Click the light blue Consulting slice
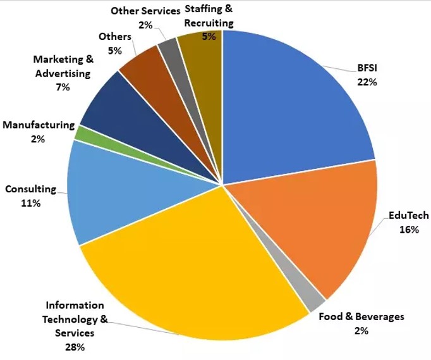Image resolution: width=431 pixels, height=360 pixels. pyautogui.click(x=114, y=190)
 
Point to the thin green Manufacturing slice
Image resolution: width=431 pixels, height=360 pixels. pyautogui.click(x=80, y=133)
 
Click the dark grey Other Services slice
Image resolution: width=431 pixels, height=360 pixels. pyautogui.click(x=167, y=47)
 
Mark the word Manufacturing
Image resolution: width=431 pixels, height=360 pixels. pyautogui.click(x=39, y=125)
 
